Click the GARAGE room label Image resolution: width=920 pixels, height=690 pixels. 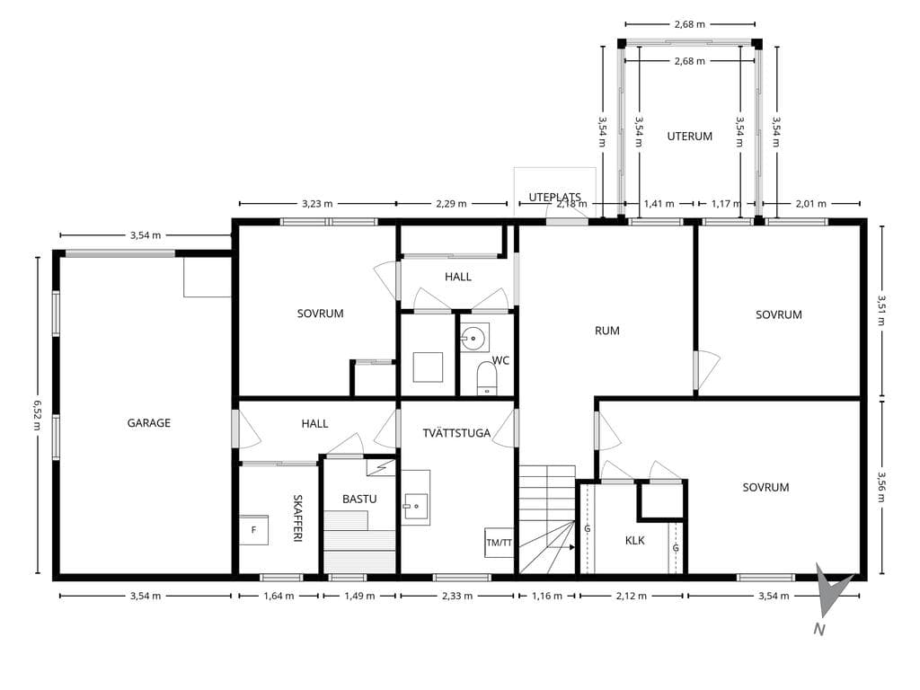tap(149, 422)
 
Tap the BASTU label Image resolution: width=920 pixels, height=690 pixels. tap(359, 499)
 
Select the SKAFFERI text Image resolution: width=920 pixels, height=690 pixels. tap(297, 518)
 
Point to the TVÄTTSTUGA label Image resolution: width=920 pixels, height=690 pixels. tap(456, 433)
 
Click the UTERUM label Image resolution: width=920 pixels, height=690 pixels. tap(689, 137)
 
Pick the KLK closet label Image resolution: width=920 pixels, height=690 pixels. tap(635, 540)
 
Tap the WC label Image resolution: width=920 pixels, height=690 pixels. tap(500, 360)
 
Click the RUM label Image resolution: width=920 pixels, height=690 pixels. tap(606, 331)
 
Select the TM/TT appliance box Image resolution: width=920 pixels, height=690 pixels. tap(499, 543)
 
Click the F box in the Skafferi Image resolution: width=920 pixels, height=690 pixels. tap(253, 530)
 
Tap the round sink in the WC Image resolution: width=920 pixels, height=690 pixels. tap(473, 339)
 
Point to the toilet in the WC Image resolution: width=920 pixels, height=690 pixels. tap(487, 378)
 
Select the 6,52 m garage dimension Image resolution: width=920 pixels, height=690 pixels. tap(38, 415)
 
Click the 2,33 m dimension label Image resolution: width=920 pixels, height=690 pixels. tap(457, 597)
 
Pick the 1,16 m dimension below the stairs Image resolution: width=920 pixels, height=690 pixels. tap(547, 597)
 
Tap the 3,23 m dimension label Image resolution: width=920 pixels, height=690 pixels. tap(317, 204)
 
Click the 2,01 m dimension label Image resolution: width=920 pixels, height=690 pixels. tap(811, 204)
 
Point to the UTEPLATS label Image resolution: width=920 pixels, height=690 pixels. tap(554, 197)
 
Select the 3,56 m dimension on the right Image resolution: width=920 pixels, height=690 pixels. tap(881, 487)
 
